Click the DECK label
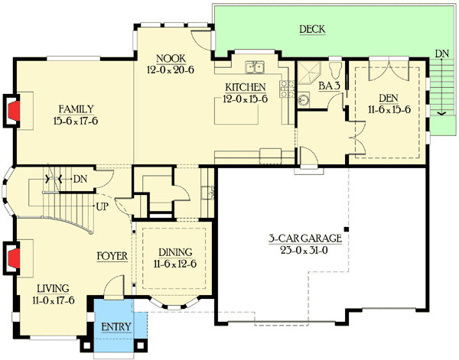[x=312, y=29]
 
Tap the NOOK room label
[x=171, y=59]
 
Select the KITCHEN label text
[x=246, y=87]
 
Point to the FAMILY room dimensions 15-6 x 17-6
[x=76, y=121]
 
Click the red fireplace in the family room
[x=14, y=111]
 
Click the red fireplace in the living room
[x=14, y=258]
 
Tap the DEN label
[x=389, y=98]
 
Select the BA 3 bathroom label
[x=329, y=86]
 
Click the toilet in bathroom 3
[x=336, y=70]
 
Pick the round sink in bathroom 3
[x=304, y=99]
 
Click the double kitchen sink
[x=255, y=67]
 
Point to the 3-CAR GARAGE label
[x=305, y=238]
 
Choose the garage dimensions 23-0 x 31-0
[x=304, y=251]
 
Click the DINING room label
[x=175, y=252]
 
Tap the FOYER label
[x=112, y=256]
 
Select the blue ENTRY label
[x=116, y=326]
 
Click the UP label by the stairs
[x=103, y=207]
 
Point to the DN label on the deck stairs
[x=441, y=54]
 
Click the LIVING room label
[x=53, y=288]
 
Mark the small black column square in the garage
[x=347, y=229]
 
